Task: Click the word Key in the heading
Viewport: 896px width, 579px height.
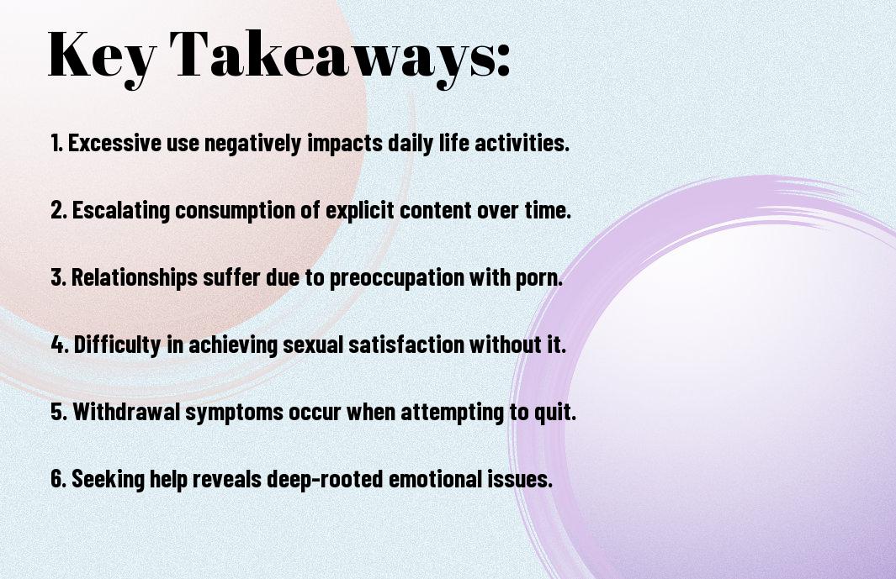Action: (102, 55)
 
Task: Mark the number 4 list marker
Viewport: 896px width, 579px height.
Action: (58, 345)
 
